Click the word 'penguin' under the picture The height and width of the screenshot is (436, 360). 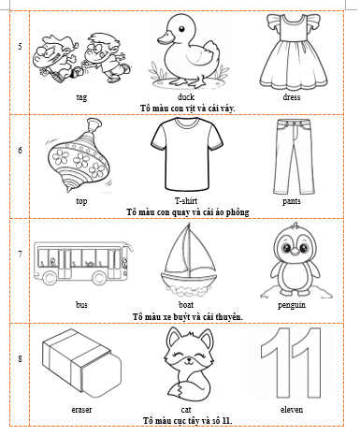coord(291,305)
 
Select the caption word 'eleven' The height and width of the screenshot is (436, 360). coord(291,410)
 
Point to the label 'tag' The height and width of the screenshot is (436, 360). coord(82,96)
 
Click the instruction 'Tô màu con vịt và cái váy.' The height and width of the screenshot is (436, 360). coord(186,108)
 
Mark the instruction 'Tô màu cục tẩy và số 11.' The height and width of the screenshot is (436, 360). coord(186,422)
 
